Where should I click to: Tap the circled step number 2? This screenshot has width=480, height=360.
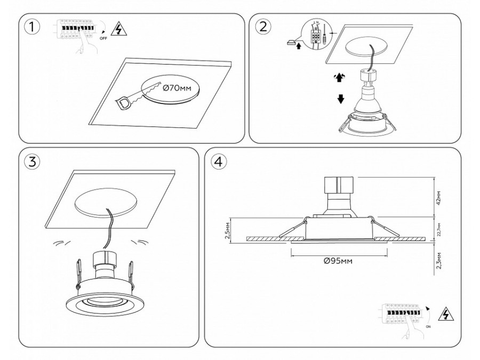point(262,27)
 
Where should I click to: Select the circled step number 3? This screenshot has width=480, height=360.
point(33,162)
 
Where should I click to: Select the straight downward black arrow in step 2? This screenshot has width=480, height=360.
point(340,99)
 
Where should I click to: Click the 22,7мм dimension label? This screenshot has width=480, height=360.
point(439,228)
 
